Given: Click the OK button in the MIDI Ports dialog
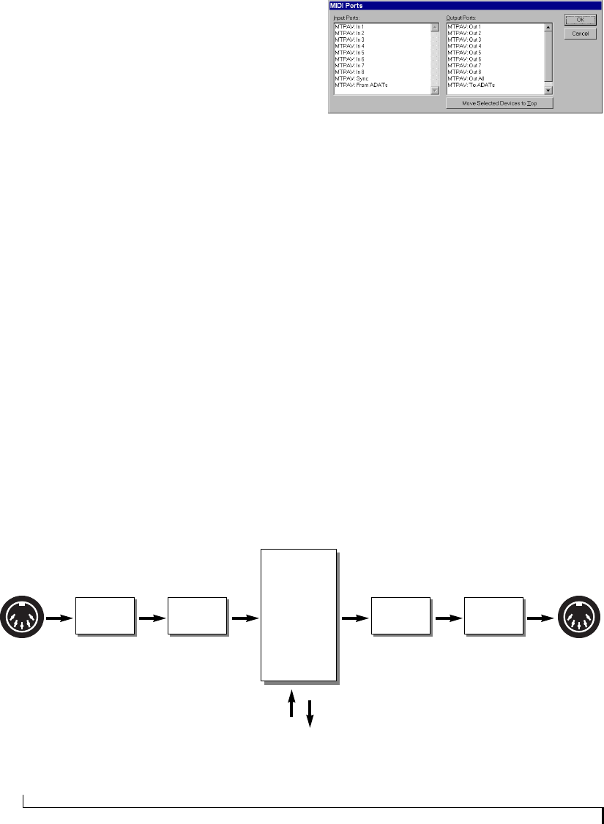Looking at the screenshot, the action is pos(581,20).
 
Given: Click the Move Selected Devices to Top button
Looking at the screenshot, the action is pos(499,104).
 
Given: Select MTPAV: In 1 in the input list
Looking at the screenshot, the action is pos(349,27).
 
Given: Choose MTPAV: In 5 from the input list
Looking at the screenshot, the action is pos(349,53).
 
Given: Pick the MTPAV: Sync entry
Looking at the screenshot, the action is pos(351,78).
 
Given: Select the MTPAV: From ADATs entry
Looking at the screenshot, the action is pos(361,85).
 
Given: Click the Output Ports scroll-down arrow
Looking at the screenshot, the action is pos(548,90).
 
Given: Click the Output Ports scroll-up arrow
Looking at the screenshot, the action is pos(548,27).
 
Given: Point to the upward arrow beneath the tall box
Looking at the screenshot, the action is pos(291,706).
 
